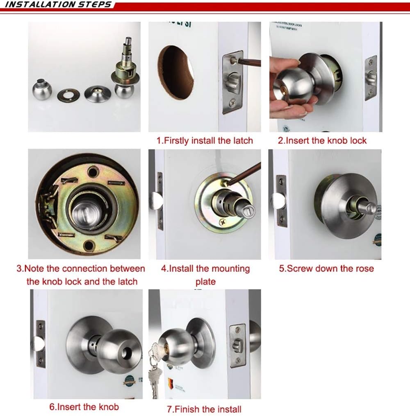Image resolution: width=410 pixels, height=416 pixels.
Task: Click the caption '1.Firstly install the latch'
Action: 205,141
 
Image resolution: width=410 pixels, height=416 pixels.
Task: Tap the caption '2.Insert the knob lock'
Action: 322,141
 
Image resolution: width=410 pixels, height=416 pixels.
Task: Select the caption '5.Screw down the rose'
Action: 326,269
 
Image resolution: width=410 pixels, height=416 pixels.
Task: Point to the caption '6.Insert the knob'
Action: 84,407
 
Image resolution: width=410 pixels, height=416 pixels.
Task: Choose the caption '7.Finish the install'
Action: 204,409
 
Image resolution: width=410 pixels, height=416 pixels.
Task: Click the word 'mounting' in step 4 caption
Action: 228,269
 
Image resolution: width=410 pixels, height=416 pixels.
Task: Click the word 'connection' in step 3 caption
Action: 87,269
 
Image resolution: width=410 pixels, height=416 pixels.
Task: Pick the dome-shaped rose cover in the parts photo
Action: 98,93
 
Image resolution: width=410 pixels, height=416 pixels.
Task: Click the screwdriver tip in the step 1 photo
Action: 234,60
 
